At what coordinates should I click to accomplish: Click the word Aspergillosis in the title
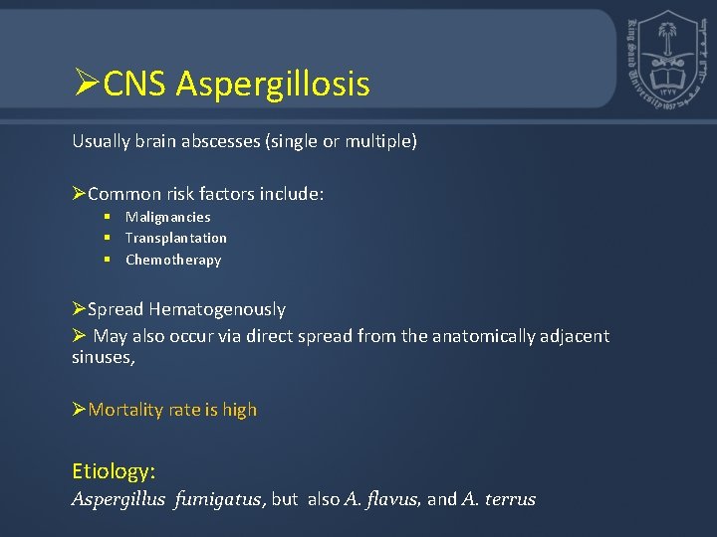[273, 85]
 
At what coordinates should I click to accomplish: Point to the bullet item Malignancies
[167, 217]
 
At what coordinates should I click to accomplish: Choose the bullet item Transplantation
[175, 238]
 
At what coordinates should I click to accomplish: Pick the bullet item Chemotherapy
[173, 260]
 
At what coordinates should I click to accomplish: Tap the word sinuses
[102, 357]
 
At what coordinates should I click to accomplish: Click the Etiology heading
[114, 470]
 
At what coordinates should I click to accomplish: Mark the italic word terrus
[511, 499]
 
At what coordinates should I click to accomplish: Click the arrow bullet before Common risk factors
[80, 194]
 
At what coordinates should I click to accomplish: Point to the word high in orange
[240, 410]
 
